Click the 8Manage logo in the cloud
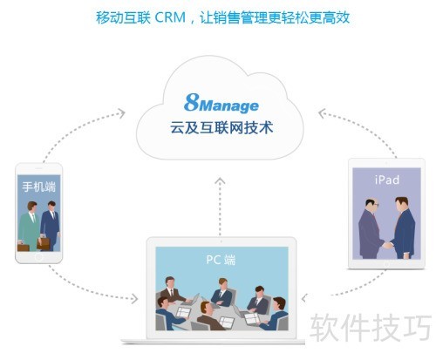click(x=221, y=103)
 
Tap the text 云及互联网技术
click(x=221, y=128)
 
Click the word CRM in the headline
click(x=170, y=17)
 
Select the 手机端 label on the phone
click(x=38, y=187)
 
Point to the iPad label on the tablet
click(x=387, y=180)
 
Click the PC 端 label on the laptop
click(x=221, y=260)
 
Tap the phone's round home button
click(x=38, y=257)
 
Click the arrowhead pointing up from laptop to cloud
click(x=220, y=180)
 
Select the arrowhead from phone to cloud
click(x=121, y=113)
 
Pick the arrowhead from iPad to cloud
click(x=322, y=113)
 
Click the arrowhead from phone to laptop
click(x=134, y=299)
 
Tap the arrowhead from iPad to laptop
click(x=304, y=298)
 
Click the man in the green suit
click(x=29, y=227)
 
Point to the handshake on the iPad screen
click(x=387, y=245)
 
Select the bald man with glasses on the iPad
click(x=371, y=228)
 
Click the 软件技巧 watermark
click(x=371, y=328)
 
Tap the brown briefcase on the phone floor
click(x=24, y=248)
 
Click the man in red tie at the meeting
click(x=173, y=290)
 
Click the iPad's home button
click(x=386, y=264)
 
